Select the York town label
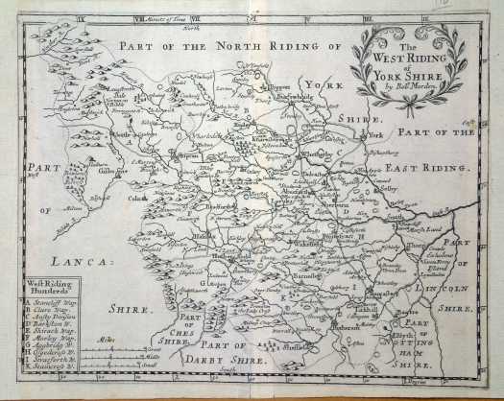(x=374, y=136)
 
